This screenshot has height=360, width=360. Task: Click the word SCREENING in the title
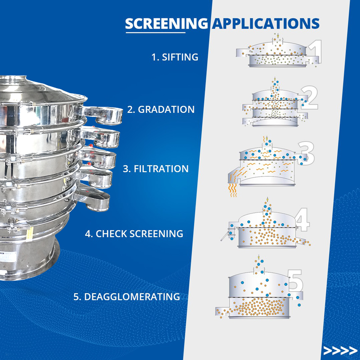click(x=166, y=23)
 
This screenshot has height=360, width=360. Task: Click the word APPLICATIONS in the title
click(x=265, y=23)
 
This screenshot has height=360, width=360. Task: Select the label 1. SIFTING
click(x=175, y=57)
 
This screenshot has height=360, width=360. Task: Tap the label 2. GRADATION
click(x=161, y=110)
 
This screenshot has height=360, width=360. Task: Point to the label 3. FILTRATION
click(x=155, y=169)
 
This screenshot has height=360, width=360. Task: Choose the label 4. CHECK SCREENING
click(x=134, y=234)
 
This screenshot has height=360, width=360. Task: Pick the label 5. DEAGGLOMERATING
click(x=126, y=297)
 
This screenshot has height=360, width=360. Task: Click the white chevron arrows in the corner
click(x=340, y=350)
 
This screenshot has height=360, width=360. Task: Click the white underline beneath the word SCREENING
click(x=155, y=32)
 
